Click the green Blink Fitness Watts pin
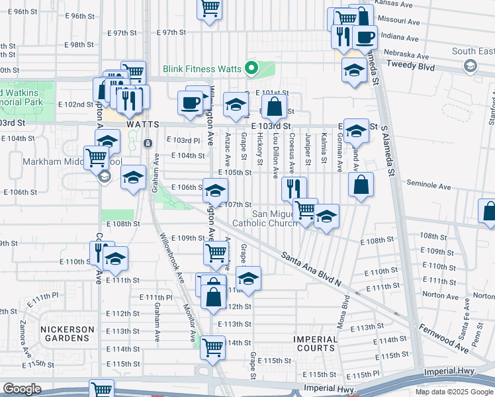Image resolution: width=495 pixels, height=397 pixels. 251,67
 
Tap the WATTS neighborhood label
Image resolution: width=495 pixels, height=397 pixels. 143,124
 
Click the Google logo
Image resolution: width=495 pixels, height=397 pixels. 22,388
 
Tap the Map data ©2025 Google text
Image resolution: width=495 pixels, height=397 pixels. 454,392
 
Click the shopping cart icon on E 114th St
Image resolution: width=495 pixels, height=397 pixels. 212,347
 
